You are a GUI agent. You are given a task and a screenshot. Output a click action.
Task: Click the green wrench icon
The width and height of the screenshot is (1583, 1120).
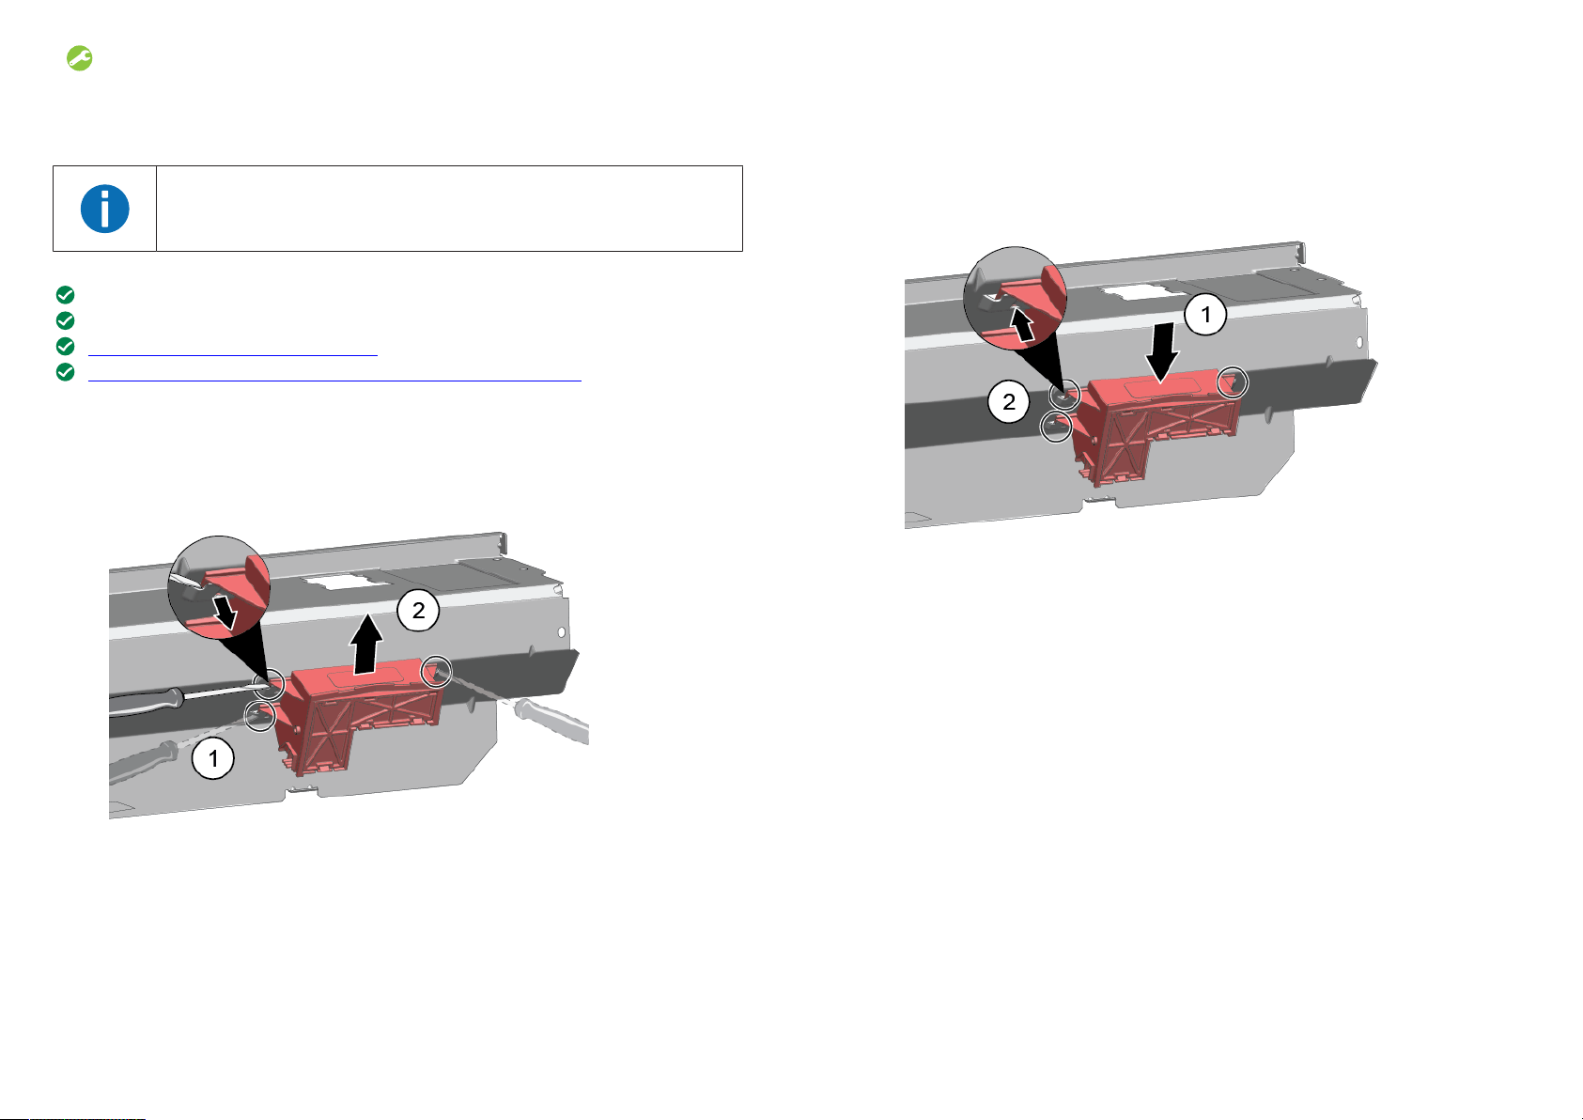(79, 58)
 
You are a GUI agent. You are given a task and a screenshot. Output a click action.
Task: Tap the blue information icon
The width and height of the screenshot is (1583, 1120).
(104, 209)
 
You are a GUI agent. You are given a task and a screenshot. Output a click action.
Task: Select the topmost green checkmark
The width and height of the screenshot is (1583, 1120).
(65, 295)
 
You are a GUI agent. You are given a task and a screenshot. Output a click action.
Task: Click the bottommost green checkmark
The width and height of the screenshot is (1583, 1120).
(65, 372)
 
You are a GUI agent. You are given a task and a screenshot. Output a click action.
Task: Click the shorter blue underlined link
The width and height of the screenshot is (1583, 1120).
(232, 355)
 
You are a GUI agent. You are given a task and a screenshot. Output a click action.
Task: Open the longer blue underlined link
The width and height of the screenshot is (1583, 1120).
(334, 381)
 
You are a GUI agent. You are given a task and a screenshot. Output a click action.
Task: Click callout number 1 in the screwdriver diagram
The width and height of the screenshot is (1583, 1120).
(212, 759)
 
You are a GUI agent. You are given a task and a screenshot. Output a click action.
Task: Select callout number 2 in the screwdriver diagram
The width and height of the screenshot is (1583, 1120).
(418, 610)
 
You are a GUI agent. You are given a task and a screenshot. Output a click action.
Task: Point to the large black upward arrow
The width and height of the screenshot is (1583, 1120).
(366, 644)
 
